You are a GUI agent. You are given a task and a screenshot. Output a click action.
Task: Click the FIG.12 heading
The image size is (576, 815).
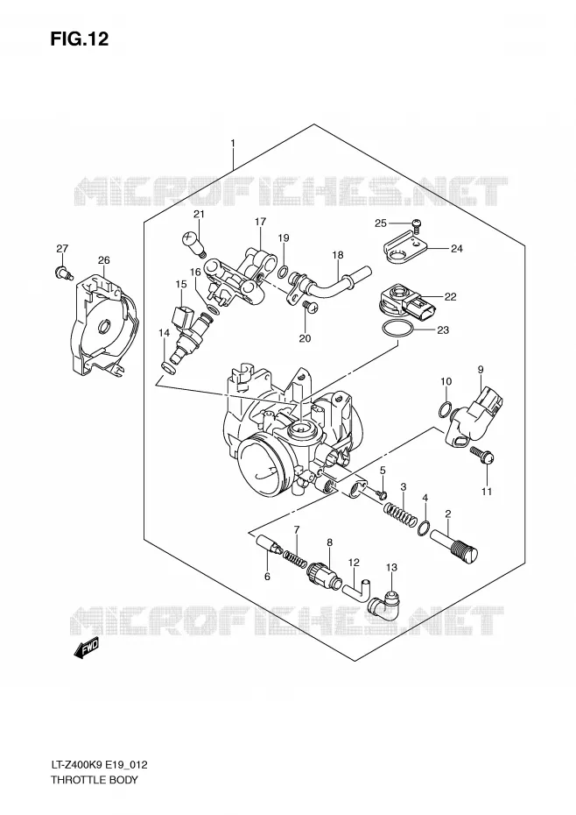[80, 39]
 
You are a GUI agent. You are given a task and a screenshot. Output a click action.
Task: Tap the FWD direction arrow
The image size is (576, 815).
[86, 648]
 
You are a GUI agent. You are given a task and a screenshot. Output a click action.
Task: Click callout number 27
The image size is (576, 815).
[62, 249]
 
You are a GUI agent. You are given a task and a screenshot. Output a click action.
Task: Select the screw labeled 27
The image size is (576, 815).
[63, 272]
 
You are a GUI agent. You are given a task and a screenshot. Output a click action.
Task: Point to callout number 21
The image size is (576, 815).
[199, 214]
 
